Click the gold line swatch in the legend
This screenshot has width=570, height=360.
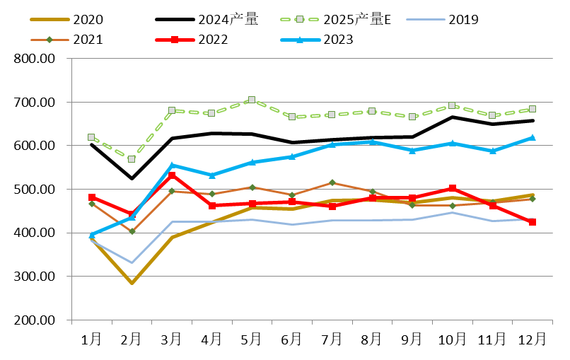tap(50, 19)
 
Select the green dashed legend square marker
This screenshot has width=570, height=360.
tap(299, 19)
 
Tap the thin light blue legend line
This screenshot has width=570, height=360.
tap(425, 19)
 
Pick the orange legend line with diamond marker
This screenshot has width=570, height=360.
tap(49, 40)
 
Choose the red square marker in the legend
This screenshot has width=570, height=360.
tap(174, 40)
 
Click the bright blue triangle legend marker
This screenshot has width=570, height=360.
tap(300, 40)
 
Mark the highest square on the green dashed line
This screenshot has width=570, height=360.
tap(252, 100)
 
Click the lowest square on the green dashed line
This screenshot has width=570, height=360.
tap(132, 159)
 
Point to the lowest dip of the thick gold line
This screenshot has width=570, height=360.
tap(132, 283)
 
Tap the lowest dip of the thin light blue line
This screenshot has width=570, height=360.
tap(132, 263)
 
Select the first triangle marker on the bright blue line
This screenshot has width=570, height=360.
tap(91, 235)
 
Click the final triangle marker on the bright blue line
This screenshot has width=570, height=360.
tap(532, 137)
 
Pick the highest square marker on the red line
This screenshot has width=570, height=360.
tap(172, 175)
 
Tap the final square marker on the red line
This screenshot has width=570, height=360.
tap(532, 222)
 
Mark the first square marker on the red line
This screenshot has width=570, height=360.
tap(91, 197)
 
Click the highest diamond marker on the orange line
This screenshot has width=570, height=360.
tap(332, 182)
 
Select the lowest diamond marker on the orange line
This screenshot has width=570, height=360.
tap(132, 231)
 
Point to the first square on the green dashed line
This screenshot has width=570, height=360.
tap(91, 137)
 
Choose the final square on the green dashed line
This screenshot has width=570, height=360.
tap(532, 109)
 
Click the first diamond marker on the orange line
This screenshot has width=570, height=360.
tap(91, 204)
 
